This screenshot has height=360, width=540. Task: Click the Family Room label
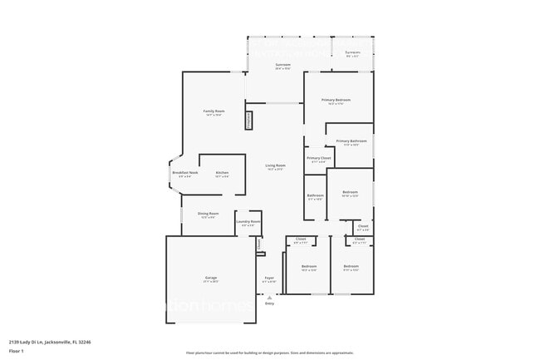tap(214, 111)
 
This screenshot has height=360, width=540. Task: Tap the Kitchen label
tap(222, 172)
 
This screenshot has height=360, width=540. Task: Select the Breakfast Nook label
tap(184, 172)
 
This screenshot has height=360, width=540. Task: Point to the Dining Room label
tap(209, 214)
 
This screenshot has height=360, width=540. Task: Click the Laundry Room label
tap(248, 222)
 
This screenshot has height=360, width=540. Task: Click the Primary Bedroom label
tap(336, 100)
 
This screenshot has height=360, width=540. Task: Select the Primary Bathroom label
tap(351, 141)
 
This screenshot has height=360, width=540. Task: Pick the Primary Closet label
tap(319, 158)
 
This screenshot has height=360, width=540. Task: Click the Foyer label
tap(269, 277)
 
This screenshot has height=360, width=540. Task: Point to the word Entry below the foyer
tap(269, 303)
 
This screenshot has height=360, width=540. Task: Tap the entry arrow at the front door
tap(269, 296)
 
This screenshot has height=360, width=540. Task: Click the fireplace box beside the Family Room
tap(248, 121)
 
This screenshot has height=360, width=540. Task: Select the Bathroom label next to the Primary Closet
tap(316, 195)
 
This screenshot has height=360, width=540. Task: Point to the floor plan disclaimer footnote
tap(269, 353)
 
